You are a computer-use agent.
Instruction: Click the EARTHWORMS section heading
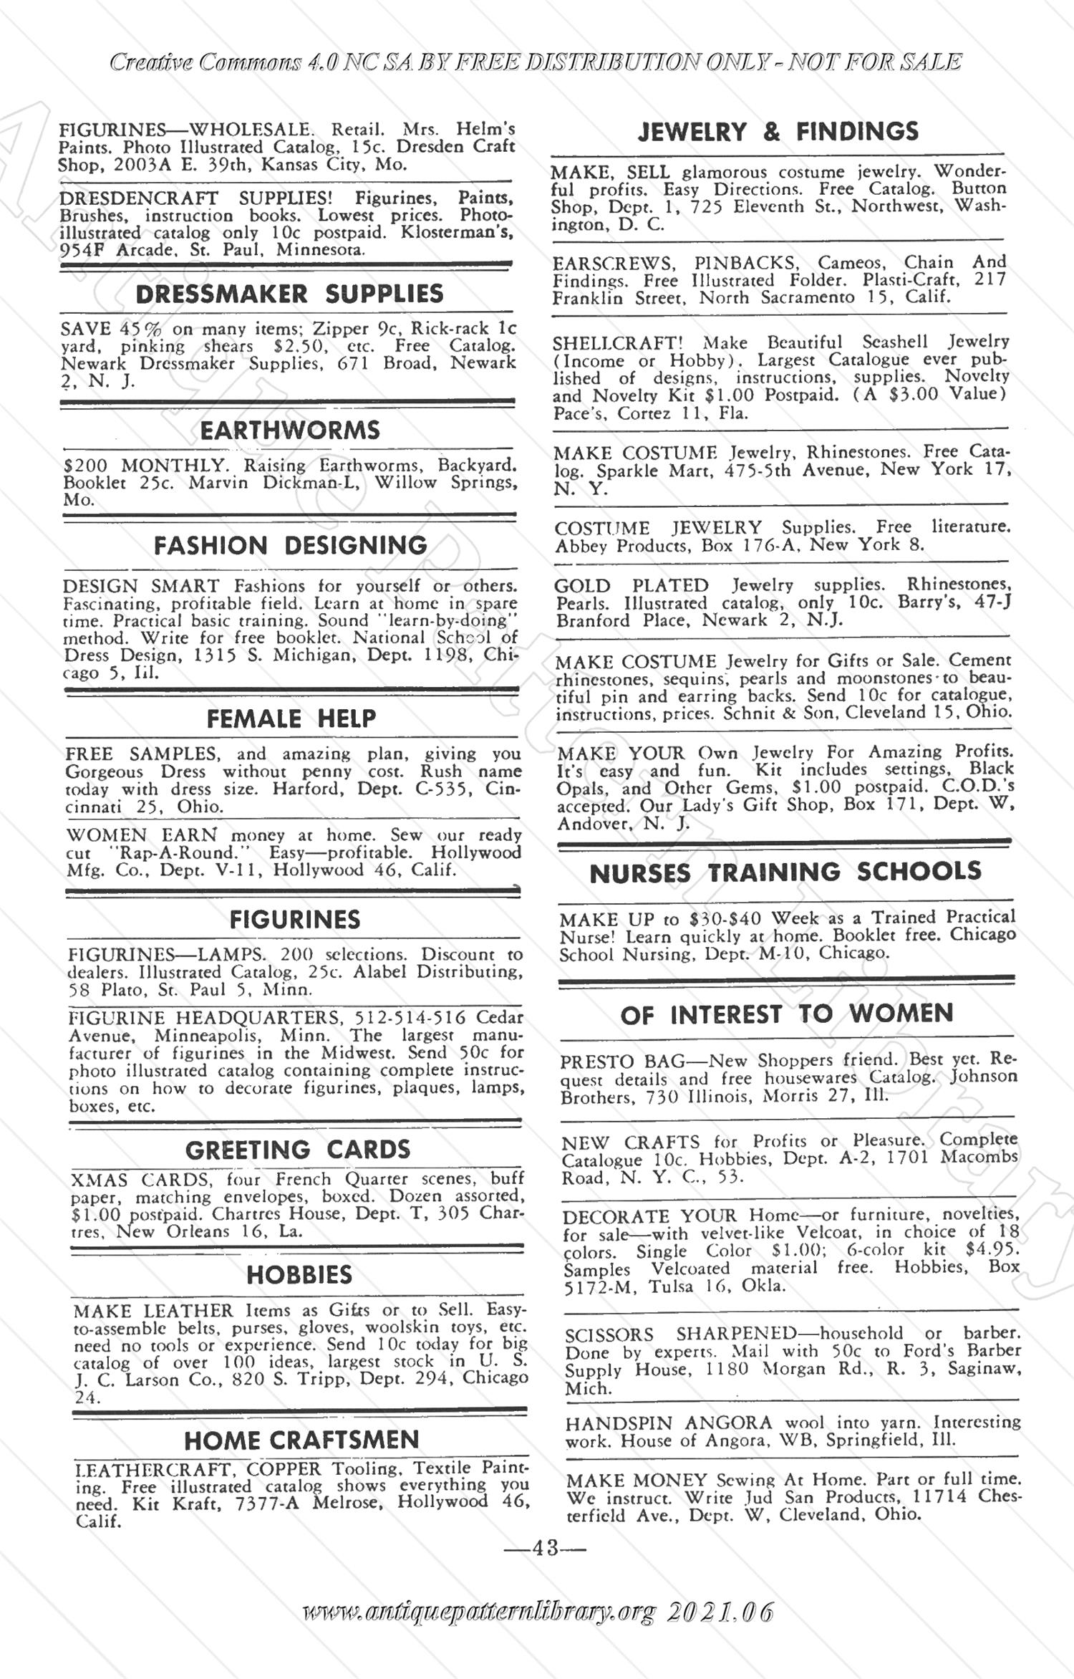(x=289, y=430)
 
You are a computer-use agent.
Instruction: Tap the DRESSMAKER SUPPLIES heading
(x=289, y=294)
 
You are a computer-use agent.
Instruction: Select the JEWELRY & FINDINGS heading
(x=778, y=132)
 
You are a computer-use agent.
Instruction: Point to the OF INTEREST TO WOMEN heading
(x=787, y=1014)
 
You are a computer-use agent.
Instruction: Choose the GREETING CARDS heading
(x=298, y=1150)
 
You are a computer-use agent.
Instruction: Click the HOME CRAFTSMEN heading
(x=301, y=1440)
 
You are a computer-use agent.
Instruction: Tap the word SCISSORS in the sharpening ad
(x=609, y=1334)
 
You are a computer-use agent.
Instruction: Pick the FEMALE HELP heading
(x=291, y=718)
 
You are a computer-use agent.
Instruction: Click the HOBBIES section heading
(x=299, y=1274)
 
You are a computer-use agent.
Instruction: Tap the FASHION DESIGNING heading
(x=290, y=546)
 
